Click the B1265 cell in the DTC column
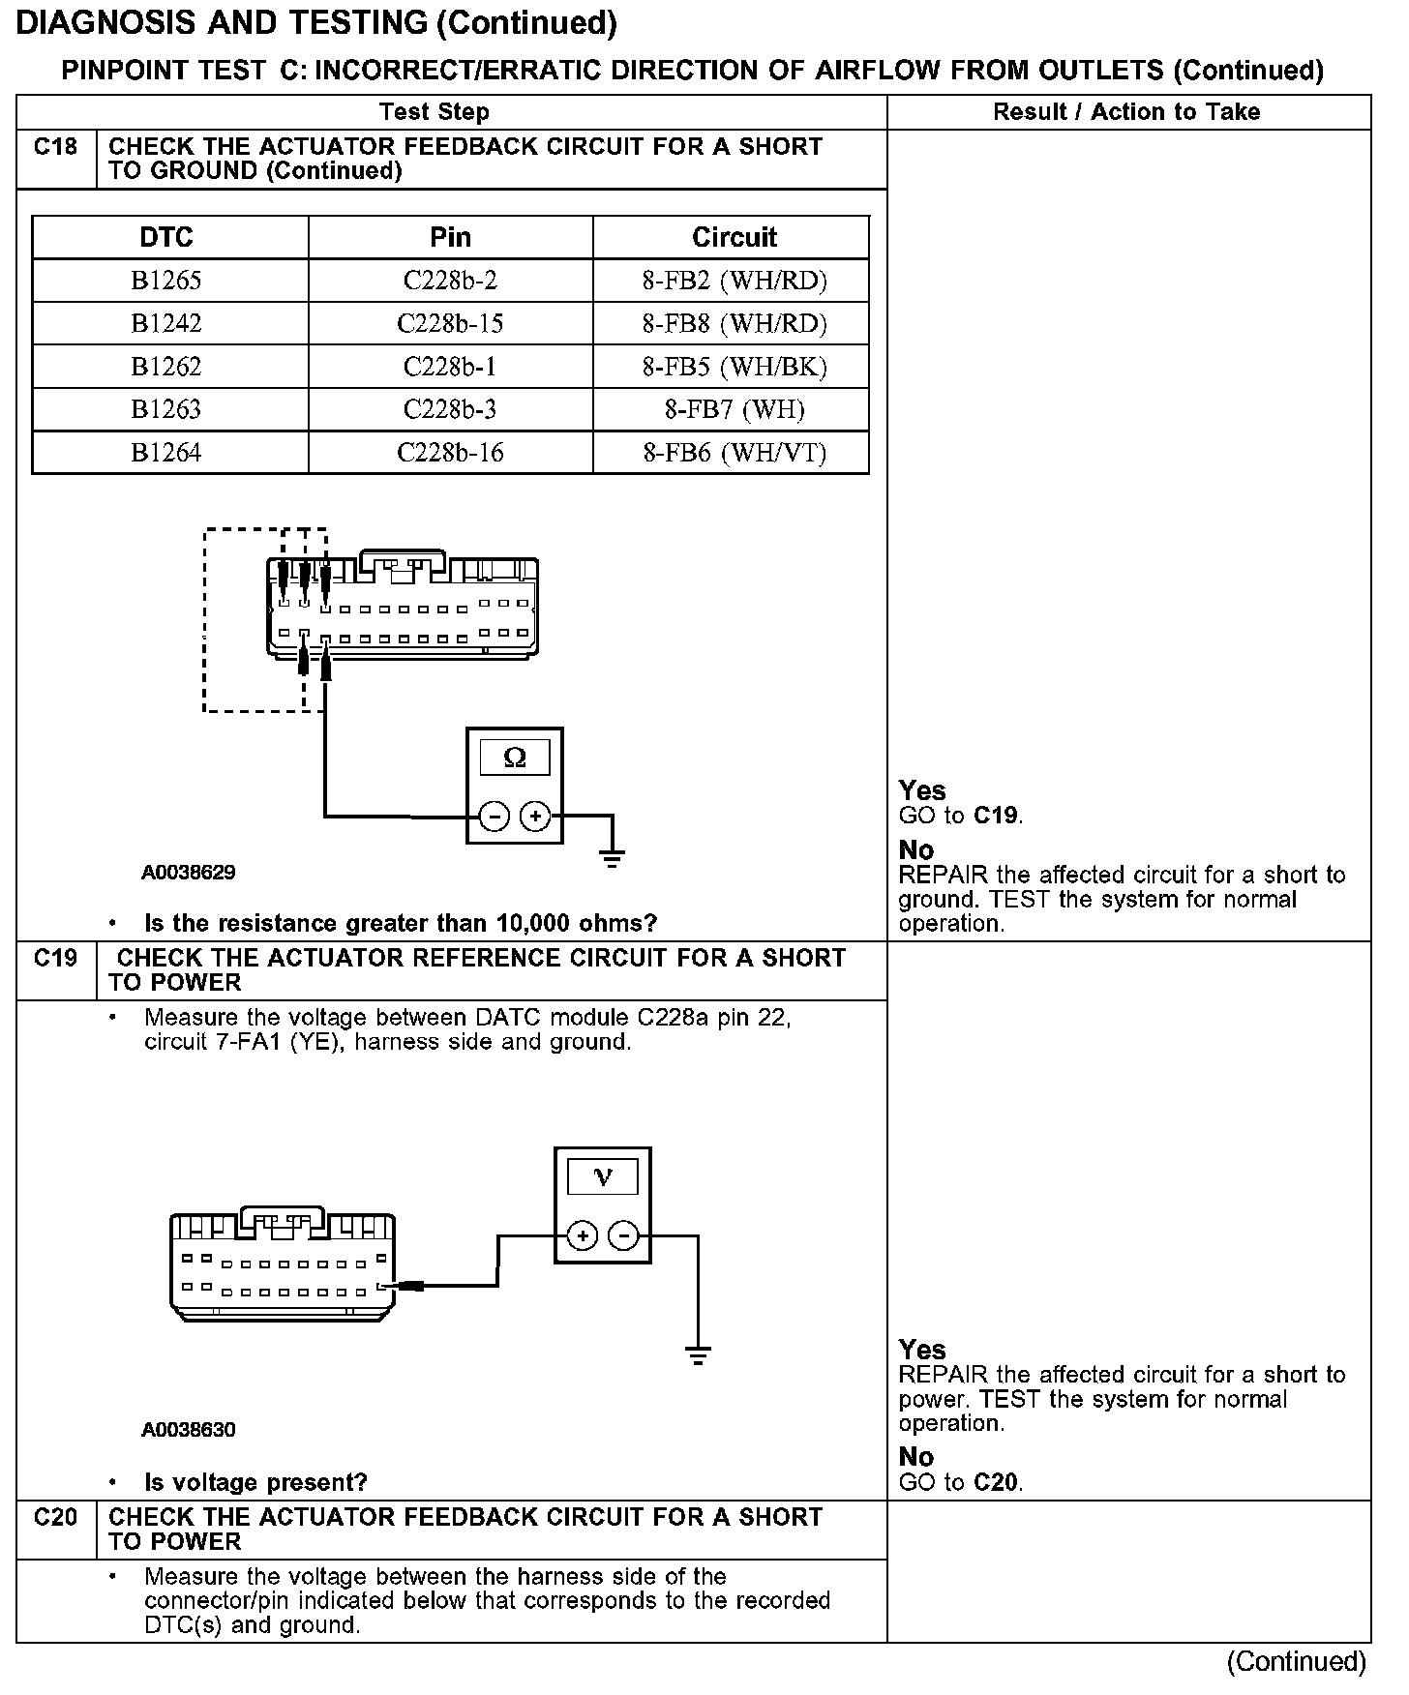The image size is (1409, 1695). coord(166,281)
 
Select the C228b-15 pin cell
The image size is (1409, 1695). coord(450,323)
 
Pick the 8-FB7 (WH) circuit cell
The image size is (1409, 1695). coord(734,409)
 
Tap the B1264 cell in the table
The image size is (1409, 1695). coord(166,452)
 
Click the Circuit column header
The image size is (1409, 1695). coord(734,237)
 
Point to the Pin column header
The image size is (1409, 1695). coord(450,237)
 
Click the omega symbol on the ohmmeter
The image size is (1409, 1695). coord(515,758)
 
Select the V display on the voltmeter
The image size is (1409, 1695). coord(603,1176)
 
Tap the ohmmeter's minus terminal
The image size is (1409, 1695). coord(494,818)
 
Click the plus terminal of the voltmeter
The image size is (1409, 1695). coord(582,1235)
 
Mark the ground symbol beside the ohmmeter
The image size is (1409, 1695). coord(612,856)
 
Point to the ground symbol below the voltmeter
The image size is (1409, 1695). coord(698,1353)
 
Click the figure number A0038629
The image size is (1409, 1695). coord(188,873)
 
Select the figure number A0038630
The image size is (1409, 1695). coord(188,1429)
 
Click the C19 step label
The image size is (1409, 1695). coord(55,959)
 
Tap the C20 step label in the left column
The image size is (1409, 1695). coord(55,1517)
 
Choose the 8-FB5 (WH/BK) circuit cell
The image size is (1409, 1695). coord(734,367)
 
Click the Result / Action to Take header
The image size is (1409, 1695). coord(1126,112)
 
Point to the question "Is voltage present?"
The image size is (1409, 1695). coord(255,1482)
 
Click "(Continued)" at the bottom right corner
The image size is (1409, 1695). coord(1296,1662)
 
